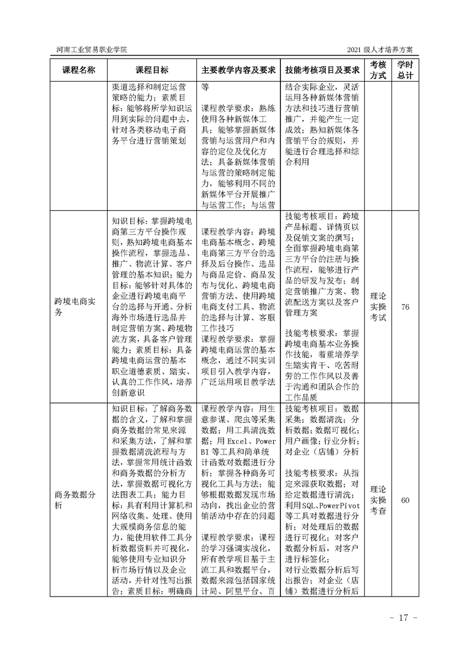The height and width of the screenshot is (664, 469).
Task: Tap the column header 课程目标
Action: coord(152,69)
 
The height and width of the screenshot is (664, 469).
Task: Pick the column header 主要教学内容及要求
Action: coord(239,69)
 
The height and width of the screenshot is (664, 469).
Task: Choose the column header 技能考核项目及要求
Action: coord(322,69)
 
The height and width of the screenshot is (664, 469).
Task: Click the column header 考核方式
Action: coord(378,69)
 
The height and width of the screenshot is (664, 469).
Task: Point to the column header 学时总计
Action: coord(405,69)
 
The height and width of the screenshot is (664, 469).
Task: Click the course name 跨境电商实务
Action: coord(75,307)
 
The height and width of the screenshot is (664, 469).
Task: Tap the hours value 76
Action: coord(405,307)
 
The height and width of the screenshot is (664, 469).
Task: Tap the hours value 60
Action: coord(405,500)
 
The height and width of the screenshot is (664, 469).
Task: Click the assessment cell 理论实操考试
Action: coord(378,307)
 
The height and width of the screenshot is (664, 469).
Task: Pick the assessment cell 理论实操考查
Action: coord(378,500)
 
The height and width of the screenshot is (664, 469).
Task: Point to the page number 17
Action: coord(404,618)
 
